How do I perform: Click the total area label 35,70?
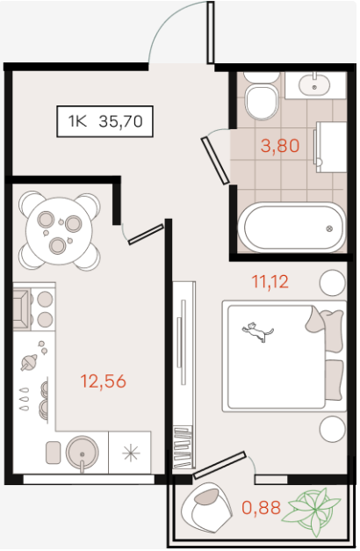pos(121,121)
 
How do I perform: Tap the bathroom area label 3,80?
pos(280,146)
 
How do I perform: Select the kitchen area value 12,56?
pos(104,381)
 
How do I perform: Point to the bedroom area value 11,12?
pos(270,282)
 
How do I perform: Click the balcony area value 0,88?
pos(262,507)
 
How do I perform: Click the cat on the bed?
pos(258,331)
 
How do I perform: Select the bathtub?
pos(292,228)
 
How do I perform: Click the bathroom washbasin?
pos(314,84)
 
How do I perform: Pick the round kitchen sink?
pos(83,453)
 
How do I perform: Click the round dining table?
pos(60,230)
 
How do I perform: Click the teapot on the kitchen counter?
pos(29,362)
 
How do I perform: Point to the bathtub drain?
pos(329,228)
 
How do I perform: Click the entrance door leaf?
pos(211,33)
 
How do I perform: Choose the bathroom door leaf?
pos(215,161)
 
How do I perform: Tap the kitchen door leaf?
pos(146,235)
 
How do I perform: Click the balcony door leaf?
pos(220,465)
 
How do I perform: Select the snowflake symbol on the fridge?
pos(130,453)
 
